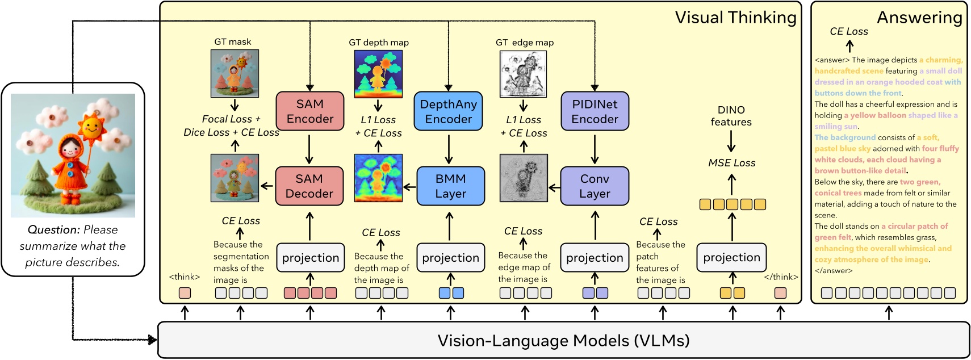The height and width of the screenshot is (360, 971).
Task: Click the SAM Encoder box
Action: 309,111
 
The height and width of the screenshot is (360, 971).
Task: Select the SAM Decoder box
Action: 309,186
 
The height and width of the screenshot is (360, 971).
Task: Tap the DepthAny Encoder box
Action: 449,111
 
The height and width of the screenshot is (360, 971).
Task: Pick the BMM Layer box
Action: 450,186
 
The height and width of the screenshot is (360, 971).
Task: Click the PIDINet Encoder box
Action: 595,111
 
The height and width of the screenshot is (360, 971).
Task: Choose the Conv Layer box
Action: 595,186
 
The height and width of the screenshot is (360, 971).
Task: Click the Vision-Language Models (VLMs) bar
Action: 563,340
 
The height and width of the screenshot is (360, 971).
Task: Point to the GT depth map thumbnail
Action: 378,74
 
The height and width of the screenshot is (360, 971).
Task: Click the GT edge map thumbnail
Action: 523,74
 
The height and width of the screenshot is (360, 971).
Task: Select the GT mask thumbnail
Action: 235,73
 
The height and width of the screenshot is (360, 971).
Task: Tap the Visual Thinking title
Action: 735,18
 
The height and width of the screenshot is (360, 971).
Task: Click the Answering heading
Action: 919,18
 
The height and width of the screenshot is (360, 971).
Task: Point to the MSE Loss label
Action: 731,163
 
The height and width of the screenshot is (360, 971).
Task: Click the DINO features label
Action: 731,116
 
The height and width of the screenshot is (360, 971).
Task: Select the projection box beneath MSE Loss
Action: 731,257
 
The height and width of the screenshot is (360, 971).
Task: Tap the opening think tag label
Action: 185,277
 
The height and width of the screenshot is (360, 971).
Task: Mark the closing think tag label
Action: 781,277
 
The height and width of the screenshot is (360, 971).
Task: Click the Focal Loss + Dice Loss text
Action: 231,125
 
